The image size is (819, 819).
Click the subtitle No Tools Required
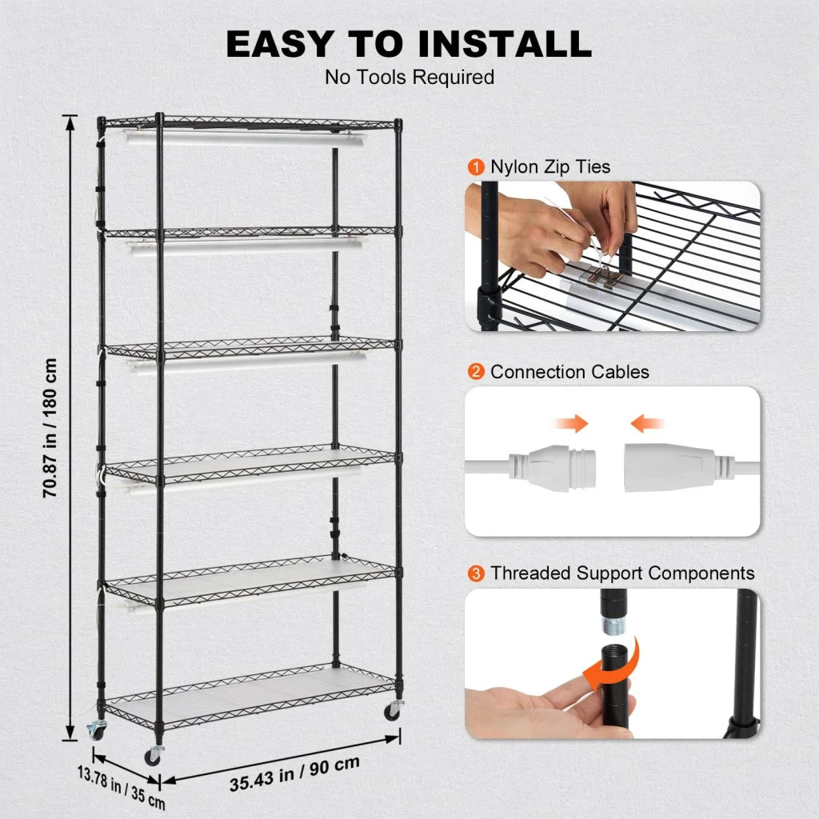409,78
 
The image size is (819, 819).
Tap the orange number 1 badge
477,167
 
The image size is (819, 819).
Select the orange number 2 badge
477,372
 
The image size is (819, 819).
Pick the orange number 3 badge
477,573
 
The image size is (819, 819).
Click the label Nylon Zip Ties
550,167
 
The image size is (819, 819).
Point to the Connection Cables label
569,372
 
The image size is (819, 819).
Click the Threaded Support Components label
622,573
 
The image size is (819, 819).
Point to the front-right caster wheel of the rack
392,711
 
